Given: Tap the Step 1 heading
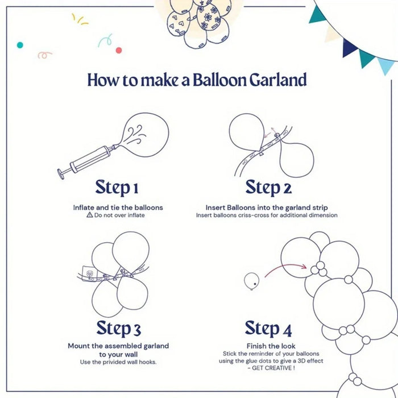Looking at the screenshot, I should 117,187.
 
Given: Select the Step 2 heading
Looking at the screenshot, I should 268,187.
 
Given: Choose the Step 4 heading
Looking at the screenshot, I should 270,328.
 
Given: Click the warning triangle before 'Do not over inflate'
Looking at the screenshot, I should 89,215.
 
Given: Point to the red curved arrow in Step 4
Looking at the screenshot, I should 284,269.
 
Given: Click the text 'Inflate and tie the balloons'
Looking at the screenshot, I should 118,208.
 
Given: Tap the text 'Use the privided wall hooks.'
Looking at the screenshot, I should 118,362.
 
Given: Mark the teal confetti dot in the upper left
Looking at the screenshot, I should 20,44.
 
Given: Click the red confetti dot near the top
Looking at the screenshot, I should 119,50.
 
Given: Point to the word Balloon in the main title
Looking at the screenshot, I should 218,80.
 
